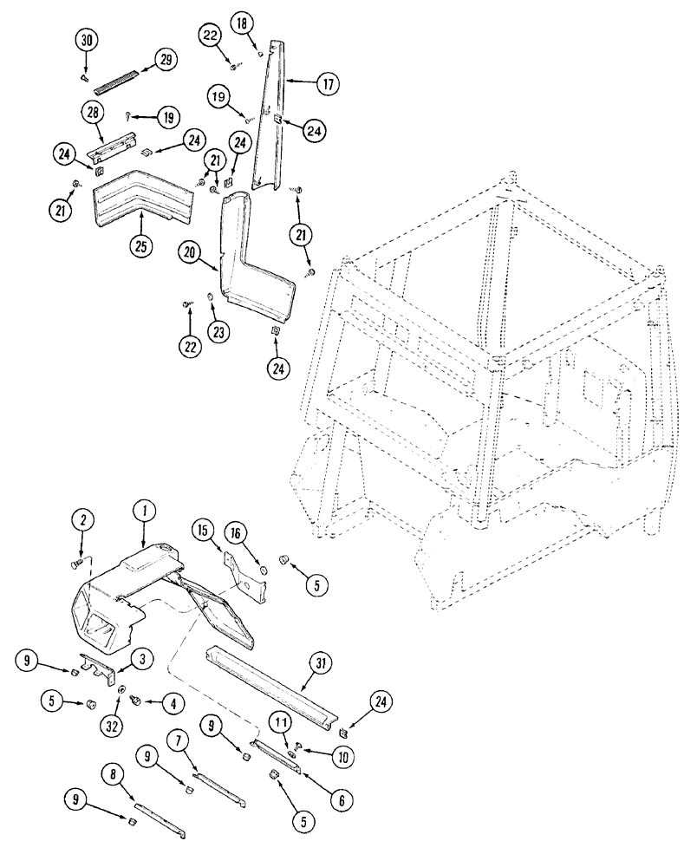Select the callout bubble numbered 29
(164, 60)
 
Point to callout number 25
(140, 245)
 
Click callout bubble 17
(326, 84)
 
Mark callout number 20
(192, 252)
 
